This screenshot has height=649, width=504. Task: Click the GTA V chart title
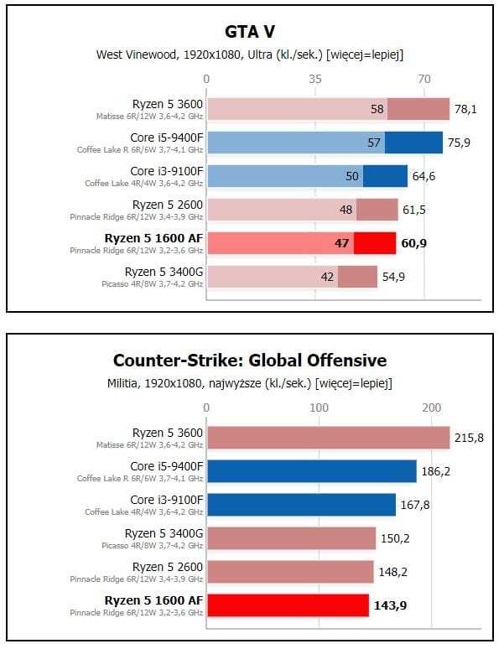(x=250, y=32)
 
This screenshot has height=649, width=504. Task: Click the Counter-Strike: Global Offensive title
(x=250, y=361)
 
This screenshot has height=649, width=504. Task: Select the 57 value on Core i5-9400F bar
(x=374, y=143)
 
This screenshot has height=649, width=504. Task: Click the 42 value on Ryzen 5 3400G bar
(x=328, y=277)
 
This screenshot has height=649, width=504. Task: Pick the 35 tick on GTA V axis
(x=315, y=79)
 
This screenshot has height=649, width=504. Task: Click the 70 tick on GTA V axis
(x=424, y=79)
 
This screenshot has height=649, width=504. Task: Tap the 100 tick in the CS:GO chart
(x=319, y=408)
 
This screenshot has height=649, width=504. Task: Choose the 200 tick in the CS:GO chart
(x=431, y=408)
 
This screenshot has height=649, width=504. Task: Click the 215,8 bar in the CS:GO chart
(x=328, y=438)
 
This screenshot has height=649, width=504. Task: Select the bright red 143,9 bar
(x=288, y=605)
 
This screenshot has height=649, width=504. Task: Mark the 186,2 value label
(x=436, y=472)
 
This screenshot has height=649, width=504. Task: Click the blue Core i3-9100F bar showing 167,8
(x=301, y=505)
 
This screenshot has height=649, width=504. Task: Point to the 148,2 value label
(x=393, y=573)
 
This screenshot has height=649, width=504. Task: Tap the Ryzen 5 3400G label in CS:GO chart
(x=164, y=532)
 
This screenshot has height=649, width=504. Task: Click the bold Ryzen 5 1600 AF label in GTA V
(x=153, y=238)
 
